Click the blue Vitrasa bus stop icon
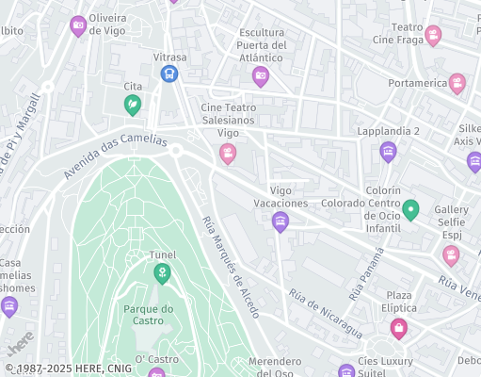(169, 74)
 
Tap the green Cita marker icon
(133, 104)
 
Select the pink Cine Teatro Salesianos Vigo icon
(227, 154)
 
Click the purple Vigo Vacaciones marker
(280, 221)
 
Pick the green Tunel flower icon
(162, 273)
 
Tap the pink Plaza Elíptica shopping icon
(399, 328)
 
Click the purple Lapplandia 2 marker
(388, 151)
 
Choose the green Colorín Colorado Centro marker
(410, 209)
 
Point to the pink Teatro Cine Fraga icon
(433, 36)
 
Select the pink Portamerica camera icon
(457, 83)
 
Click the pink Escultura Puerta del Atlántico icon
(261, 76)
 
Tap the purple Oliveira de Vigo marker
(79, 25)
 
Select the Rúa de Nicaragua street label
(325, 313)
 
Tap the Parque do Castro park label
(148, 315)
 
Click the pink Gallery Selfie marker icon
(451, 254)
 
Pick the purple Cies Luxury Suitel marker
(346, 371)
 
